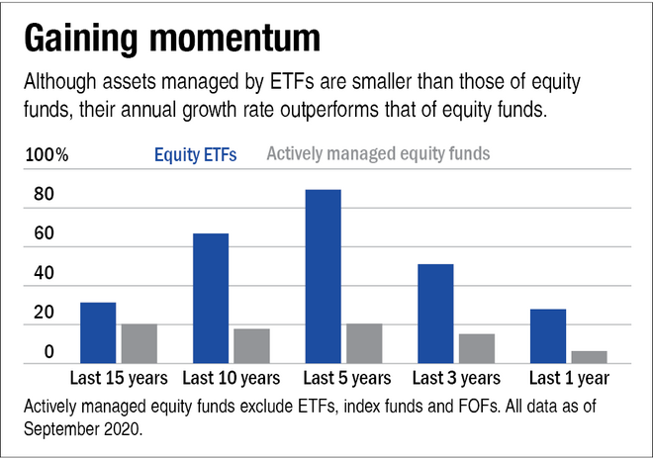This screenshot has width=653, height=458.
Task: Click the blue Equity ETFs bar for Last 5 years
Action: tap(324, 276)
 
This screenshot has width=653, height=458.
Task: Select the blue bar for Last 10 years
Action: tap(211, 298)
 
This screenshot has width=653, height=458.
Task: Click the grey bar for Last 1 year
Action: tap(589, 357)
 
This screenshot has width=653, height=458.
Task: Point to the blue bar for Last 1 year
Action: tap(548, 336)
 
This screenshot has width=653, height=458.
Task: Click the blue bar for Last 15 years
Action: tap(99, 332)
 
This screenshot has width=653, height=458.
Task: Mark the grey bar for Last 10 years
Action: tap(251, 345)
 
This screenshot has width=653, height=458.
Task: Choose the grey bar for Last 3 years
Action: tap(476, 348)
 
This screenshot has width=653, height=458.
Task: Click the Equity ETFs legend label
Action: tap(195, 155)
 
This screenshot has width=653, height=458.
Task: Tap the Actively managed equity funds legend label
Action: tap(379, 154)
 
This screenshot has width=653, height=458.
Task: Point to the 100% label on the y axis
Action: tap(47, 155)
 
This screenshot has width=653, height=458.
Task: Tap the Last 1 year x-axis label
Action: tap(568, 378)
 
